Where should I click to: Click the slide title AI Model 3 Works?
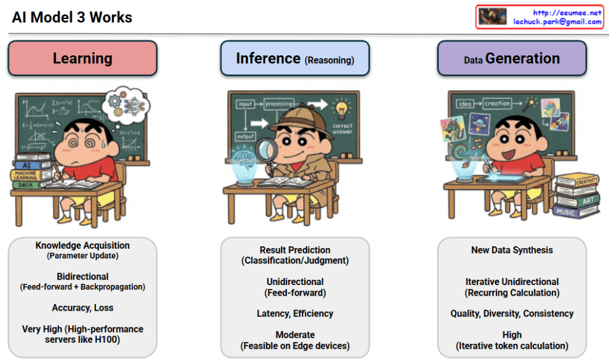click(x=72, y=17)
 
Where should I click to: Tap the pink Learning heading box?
click(x=82, y=58)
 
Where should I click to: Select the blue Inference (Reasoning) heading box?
click(x=295, y=59)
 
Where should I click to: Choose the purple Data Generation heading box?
click(x=511, y=58)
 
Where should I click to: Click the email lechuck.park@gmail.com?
click(x=557, y=22)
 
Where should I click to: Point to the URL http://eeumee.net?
click(x=567, y=12)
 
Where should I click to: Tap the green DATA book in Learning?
click(x=26, y=185)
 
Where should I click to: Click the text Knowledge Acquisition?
click(x=82, y=245)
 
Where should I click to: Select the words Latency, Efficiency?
click(x=295, y=314)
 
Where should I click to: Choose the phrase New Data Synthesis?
click(x=511, y=250)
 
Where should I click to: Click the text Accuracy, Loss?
click(x=82, y=308)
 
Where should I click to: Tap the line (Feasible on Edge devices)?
click(x=295, y=346)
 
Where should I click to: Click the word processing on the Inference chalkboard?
click(x=279, y=104)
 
